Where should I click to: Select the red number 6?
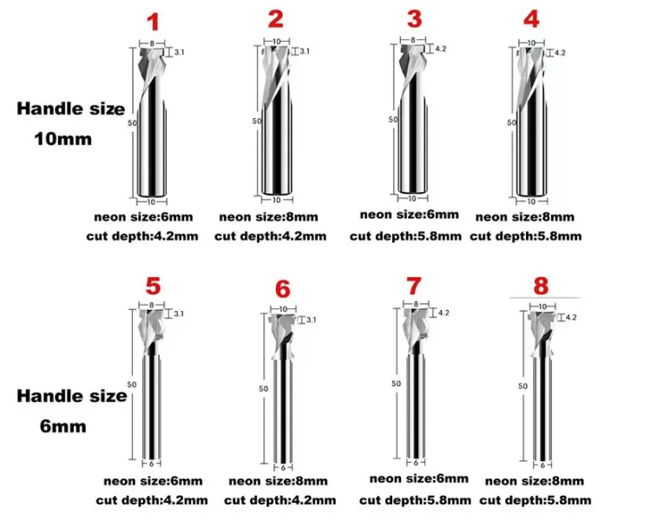tap(282, 287)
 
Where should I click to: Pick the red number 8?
tap(541, 284)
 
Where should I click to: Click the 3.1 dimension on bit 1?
tap(180, 54)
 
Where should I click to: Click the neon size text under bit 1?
tap(148, 217)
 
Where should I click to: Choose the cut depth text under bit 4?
tap(526, 236)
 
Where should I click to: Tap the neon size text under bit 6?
tap(279, 481)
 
